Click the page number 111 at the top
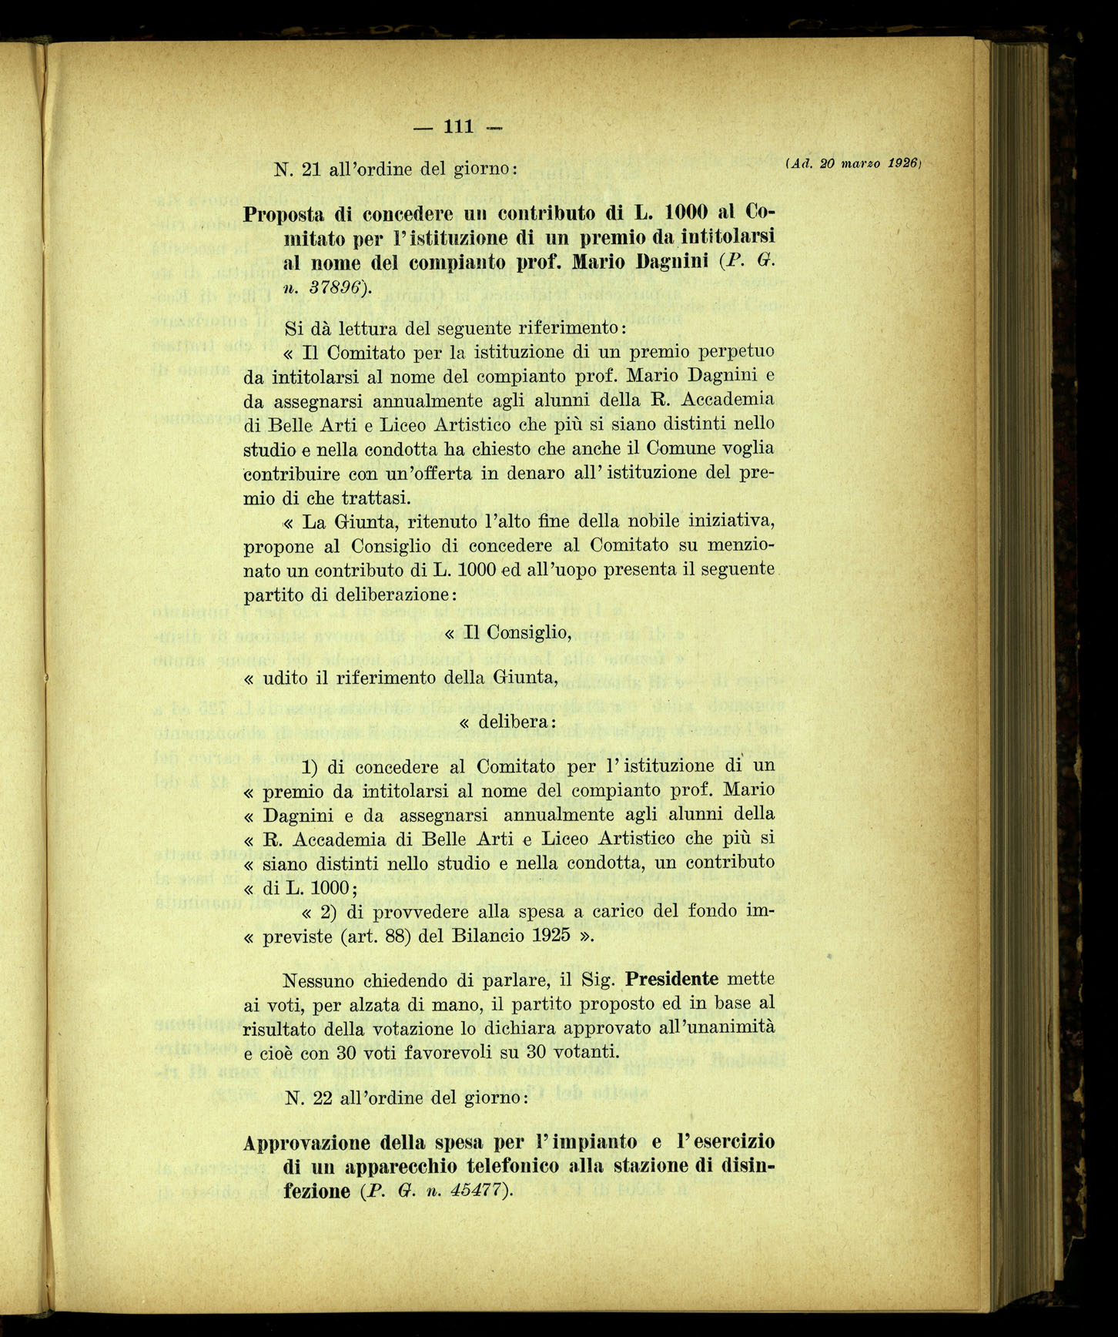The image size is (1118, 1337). (x=459, y=126)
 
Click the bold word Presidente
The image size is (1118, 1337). (x=671, y=980)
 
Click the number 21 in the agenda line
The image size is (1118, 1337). (x=311, y=169)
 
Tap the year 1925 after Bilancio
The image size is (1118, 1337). (x=550, y=936)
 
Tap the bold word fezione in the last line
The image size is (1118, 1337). (x=317, y=1191)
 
